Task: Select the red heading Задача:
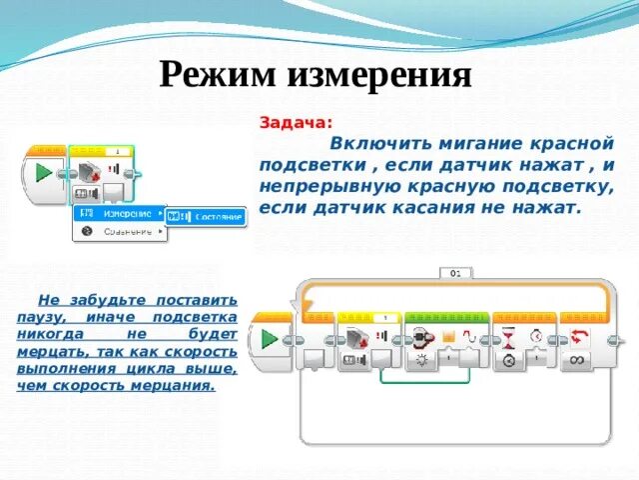click(297, 122)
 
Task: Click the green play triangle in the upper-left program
click(43, 172)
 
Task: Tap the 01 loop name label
click(455, 272)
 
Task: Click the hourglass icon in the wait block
click(508, 337)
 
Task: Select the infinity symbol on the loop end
click(578, 359)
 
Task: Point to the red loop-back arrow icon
click(578, 337)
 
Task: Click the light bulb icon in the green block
click(420, 359)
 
